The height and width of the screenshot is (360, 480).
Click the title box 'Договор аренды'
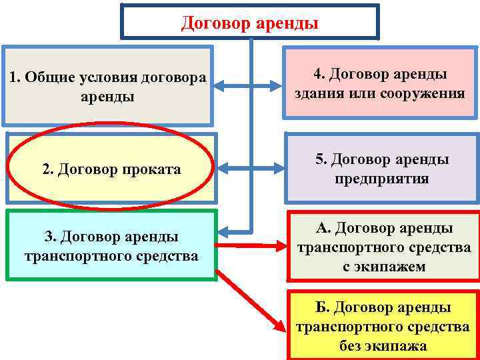click(x=250, y=23)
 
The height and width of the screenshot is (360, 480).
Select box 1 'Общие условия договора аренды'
click(x=107, y=86)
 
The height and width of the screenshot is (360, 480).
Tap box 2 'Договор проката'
click(x=111, y=169)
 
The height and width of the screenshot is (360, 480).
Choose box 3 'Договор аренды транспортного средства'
click(x=111, y=245)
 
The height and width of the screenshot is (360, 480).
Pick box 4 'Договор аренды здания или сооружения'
click(x=379, y=83)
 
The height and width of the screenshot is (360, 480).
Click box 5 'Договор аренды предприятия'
click(x=382, y=169)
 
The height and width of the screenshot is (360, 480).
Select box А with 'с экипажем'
click(x=383, y=247)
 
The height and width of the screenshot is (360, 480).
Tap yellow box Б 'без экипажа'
click(x=383, y=326)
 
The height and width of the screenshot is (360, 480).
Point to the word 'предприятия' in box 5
click(x=382, y=179)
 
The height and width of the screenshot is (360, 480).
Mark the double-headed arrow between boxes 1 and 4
click(x=249, y=86)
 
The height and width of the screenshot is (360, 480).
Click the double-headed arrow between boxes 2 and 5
click(x=249, y=168)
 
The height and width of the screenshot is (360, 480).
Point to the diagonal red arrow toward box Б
click(x=250, y=300)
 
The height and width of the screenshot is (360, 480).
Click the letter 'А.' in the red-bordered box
click(x=323, y=229)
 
